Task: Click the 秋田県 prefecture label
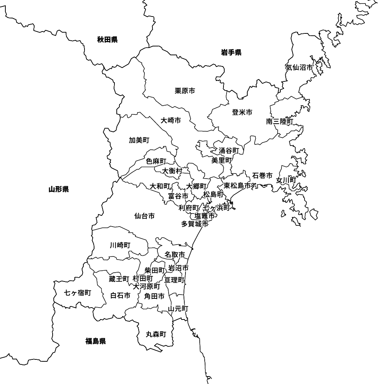[x=107, y=39]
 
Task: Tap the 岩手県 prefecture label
[x=231, y=53]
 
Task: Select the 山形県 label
[x=59, y=189]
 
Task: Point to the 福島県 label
[x=96, y=341]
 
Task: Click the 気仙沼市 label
[x=299, y=67]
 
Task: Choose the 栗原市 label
[x=185, y=91]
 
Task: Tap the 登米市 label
[x=242, y=112]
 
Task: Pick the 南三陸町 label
[x=280, y=121]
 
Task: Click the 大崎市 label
[x=171, y=120]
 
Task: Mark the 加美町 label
[x=139, y=140]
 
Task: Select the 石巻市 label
[x=262, y=175]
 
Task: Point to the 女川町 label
[x=286, y=180]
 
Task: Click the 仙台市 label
[x=144, y=216]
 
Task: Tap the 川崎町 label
[x=120, y=245]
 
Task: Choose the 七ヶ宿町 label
[x=78, y=293]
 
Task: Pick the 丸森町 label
[x=156, y=334]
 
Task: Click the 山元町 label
[x=178, y=308]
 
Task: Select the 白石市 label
[x=120, y=295]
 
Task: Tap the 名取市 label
[x=175, y=254]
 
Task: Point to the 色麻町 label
[x=156, y=161]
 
